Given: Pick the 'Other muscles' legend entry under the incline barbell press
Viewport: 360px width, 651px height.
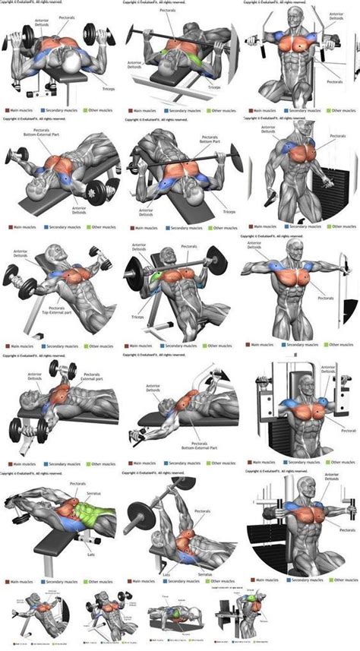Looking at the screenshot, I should [x=218, y=346].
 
